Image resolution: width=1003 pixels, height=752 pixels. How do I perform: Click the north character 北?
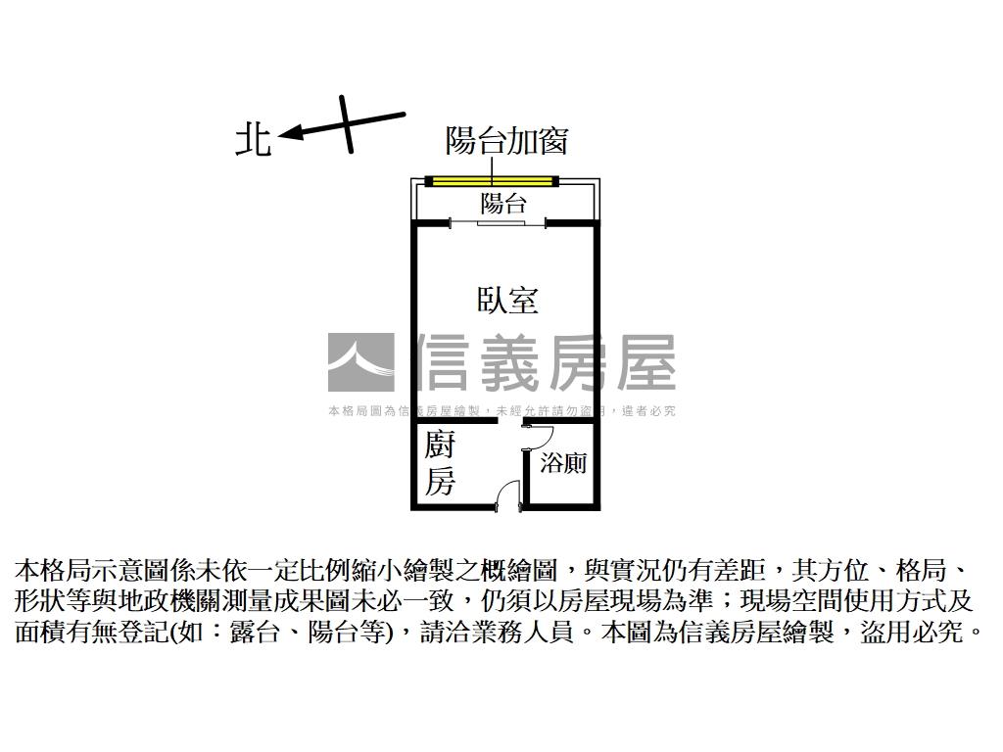pyautogui.click(x=253, y=139)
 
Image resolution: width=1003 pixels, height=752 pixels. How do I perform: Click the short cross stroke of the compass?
pyautogui.click(x=347, y=123)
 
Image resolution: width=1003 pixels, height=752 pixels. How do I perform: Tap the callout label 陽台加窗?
pyautogui.click(x=506, y=141)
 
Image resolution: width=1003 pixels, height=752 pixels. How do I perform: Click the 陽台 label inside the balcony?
pyautogui.click(x=503, y=204)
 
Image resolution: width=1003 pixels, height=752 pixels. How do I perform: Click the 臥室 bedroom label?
pyautogui.click(x=507, y=300)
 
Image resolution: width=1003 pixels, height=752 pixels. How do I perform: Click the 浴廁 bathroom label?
pyautogui.click(x=564, y=463)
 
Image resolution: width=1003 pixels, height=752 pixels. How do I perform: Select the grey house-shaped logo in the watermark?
pyautogui.click(x=360, y=362)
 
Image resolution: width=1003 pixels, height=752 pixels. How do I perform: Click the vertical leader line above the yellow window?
pyautogui.click(x=493, y=164)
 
